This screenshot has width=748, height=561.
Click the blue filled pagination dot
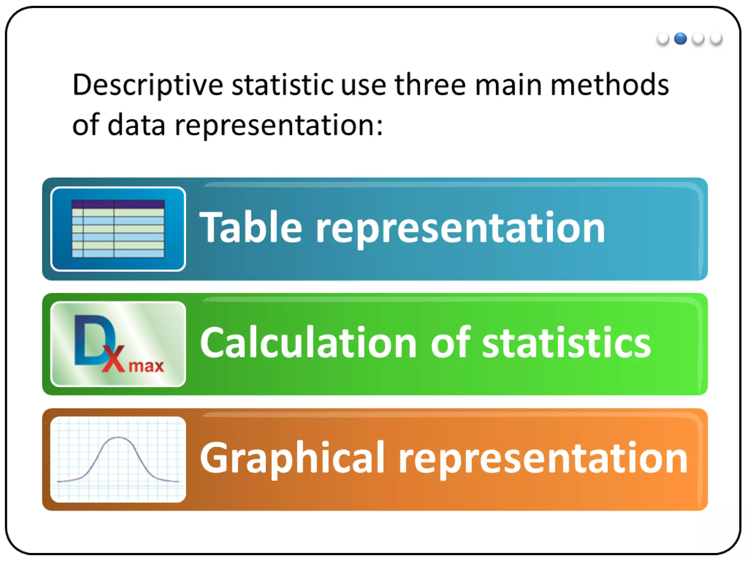click(680, 38)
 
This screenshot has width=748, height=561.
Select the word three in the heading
click(430, 85)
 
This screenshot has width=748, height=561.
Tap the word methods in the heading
click(609, 85)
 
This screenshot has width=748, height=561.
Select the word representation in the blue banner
click(460, 229)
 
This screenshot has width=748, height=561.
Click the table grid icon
click(118, 229)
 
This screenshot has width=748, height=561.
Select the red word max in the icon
click(146, 366)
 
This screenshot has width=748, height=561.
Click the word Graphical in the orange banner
click(292, 458)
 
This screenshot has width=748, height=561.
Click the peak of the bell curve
click(118, 438)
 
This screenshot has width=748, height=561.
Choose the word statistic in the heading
click(282, 85)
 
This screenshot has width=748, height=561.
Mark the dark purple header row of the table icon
click(118, 204)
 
